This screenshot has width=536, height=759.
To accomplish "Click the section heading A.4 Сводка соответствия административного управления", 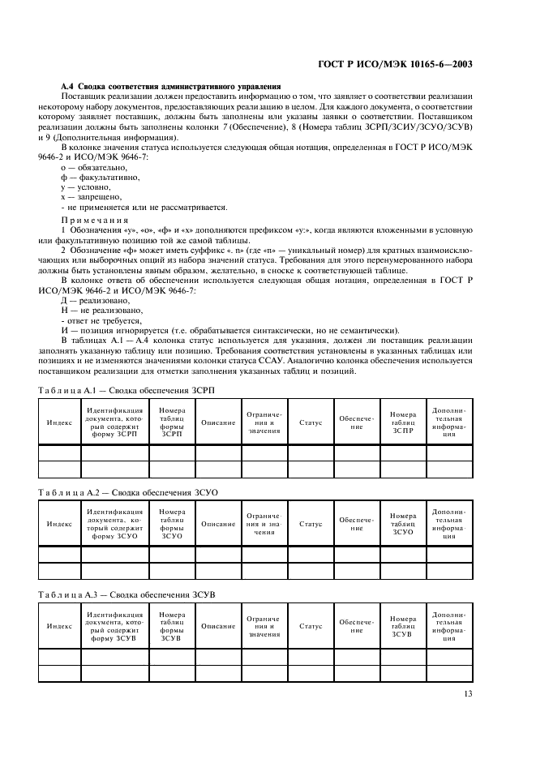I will [x=171, y=86].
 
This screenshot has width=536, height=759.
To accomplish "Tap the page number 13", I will [x=468, y=693].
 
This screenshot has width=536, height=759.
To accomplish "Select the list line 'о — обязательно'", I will [x=95, y=165].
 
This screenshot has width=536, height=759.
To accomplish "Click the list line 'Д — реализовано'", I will [x=96, y=300].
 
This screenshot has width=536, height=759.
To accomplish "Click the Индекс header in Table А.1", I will [x=59, y=422].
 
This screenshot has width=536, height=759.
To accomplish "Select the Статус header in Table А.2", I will [x=311, y=525].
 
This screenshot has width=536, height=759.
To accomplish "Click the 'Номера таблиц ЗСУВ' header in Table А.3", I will [x=402, y=626].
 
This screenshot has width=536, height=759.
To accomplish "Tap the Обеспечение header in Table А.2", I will [x=357, y=525].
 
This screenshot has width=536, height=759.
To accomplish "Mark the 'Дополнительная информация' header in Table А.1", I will [x=448, y=422].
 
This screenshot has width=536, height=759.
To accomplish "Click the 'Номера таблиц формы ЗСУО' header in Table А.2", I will [x=172, y=525].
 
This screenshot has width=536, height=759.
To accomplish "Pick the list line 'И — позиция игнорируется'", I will [x=230, y=331].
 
